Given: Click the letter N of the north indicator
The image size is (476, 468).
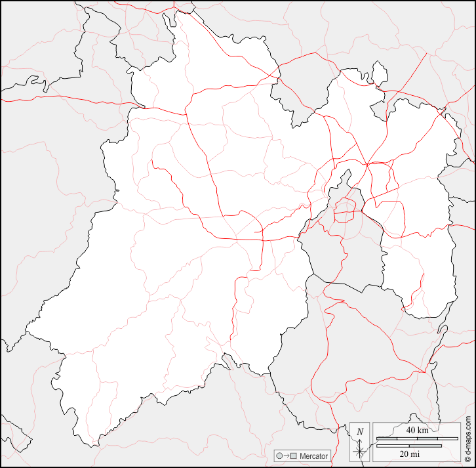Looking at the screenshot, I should pyautogui.click(x=360, y=432).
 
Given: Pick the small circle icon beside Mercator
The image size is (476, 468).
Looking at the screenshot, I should pyautogui.click(x=279, y=456).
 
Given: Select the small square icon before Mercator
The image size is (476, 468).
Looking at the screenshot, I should pyautogui.click(x=294, y=456).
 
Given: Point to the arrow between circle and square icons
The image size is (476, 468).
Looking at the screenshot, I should pyautogui.click(x=287, y=456).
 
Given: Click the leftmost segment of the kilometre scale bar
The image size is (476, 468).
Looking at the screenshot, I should pyautogui.click(x=384, y=438).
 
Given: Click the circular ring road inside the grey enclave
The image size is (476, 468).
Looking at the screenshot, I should pyautogui.click(x=346, y=211).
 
